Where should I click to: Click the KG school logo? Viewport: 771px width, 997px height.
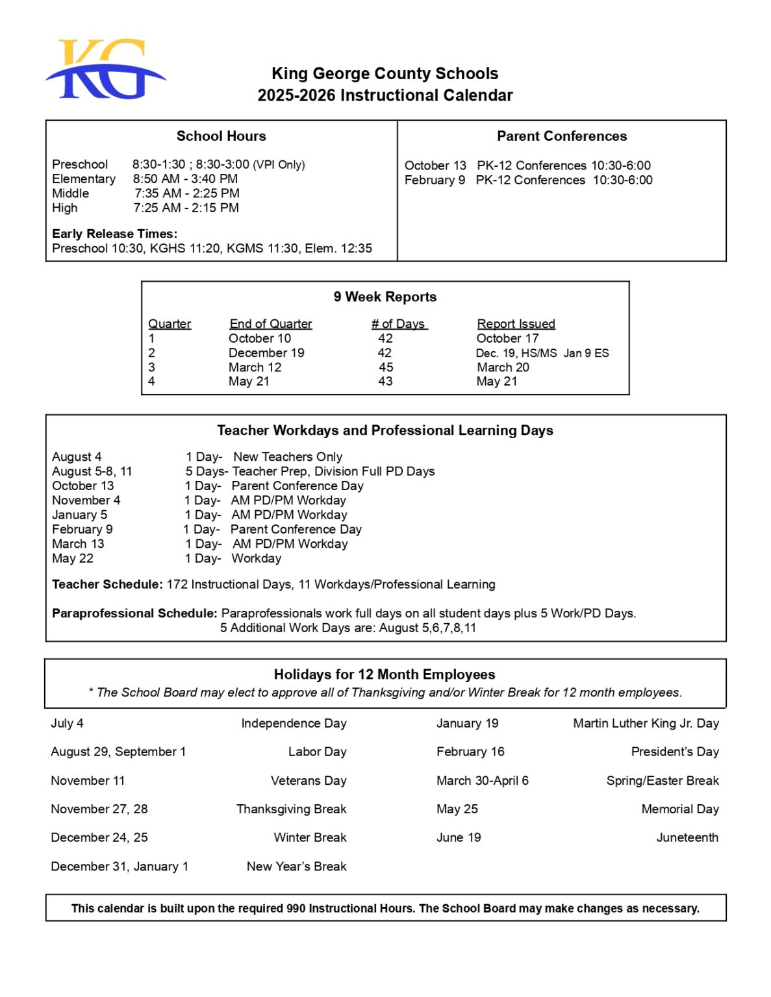click(x=105, y=69)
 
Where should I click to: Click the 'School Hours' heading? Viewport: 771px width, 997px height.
click(x=221, y=136)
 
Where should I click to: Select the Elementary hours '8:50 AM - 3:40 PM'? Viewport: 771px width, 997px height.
click(x=185, y=178)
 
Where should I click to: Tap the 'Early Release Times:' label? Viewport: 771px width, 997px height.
click(x=114, y=234)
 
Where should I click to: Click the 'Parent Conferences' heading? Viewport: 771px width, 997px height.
click(x=561, y=136)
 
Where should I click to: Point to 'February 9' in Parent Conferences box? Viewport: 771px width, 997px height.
click(x=434, y=180)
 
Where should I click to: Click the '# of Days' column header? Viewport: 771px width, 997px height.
click(x=398, y=324)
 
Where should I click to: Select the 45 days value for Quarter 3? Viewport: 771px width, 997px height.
click(x=386, y=367)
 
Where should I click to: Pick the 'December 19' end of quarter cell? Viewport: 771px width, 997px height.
click(x=266, y=353)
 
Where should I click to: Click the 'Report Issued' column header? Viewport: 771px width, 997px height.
click(x=516, y=324)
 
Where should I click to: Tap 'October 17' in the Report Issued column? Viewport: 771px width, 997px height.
click(x=507, y=338)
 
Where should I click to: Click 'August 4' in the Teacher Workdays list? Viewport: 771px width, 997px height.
click(x=77, y=457)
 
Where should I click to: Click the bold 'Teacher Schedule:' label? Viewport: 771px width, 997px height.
click(x=107, y=584)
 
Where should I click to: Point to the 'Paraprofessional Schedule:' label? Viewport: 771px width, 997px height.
click(x=134, y=613)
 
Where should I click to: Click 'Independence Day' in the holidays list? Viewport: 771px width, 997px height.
click(x=294, y=723)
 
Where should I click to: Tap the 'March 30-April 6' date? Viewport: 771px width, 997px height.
click(x=482, y=781)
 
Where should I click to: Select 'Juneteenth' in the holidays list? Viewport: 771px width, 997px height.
click(x=687, y=837)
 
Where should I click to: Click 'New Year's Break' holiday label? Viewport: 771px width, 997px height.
click(x=296, y=867)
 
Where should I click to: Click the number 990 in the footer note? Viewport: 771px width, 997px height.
click(x=296, y=908)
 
